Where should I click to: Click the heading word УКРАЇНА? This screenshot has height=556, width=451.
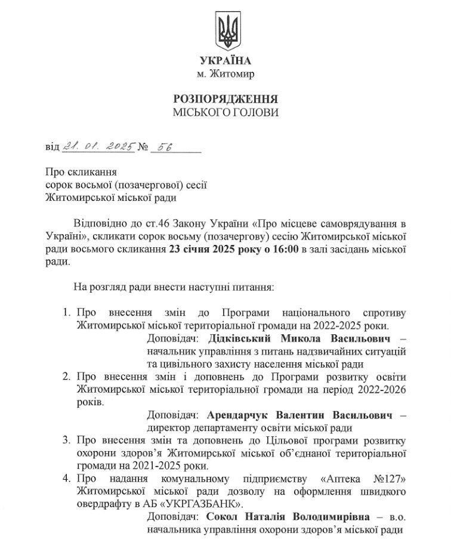tap(225, 61)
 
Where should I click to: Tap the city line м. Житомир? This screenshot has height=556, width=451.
tap(225, 74)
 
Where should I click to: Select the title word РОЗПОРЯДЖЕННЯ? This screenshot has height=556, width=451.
tap(225, 98)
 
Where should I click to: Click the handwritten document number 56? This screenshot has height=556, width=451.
tap(162, 145)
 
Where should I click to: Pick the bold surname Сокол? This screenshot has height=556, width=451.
tap(221, 517)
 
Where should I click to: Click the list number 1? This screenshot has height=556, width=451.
tap(66, 312)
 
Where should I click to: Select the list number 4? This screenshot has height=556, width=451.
tap(66, 479)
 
